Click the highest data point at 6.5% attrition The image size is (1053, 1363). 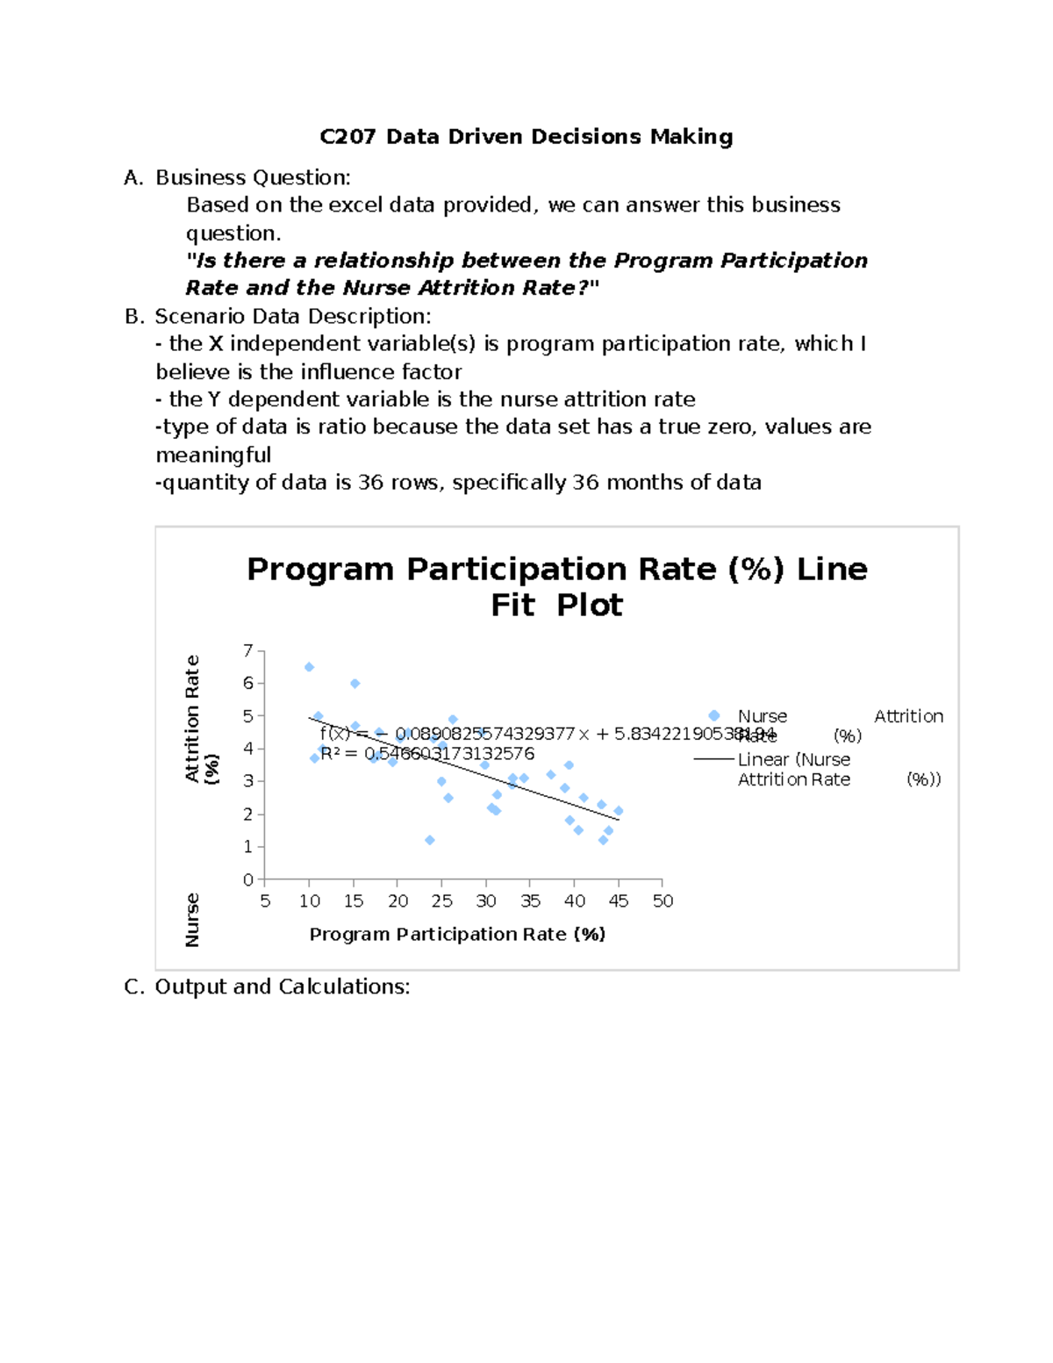pyautogui.click(x=309, y=667)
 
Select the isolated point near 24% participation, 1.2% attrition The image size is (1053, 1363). pyautogui.click(x=430, y=840)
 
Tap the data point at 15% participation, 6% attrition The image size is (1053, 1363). pyautogui.click(x=355, y=683)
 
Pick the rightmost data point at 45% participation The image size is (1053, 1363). pyautogui.click(x=619, y=811)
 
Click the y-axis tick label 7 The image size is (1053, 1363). pyautogui.click(x=248, y=650)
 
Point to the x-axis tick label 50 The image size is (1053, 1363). pyautogui.click(x=663, y=901)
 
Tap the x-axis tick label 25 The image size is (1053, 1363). pyautogui.click(x=441, y=901)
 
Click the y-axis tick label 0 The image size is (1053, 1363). pyautogui.click(x=248, y=879)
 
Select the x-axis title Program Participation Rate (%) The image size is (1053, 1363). pyautogui.click(x=457, y=934)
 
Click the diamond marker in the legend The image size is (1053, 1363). pyautogui.click(x=714, y=715)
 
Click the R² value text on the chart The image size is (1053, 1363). pyautogui.click(x=427, y=754)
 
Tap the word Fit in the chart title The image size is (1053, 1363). pyautogui.click(x=512, y=606)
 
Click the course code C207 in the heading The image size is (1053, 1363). pyautogui.click(x=347, y=137)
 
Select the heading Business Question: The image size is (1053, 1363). pyautogui.click(x=253, y=177)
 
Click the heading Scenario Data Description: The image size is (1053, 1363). pyautogui.click(x=293, y=316)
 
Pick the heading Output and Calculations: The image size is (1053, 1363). pyautogui.click(x=283, y=986)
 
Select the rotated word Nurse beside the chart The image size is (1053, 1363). pyautogui.click(x=192, y=920)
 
